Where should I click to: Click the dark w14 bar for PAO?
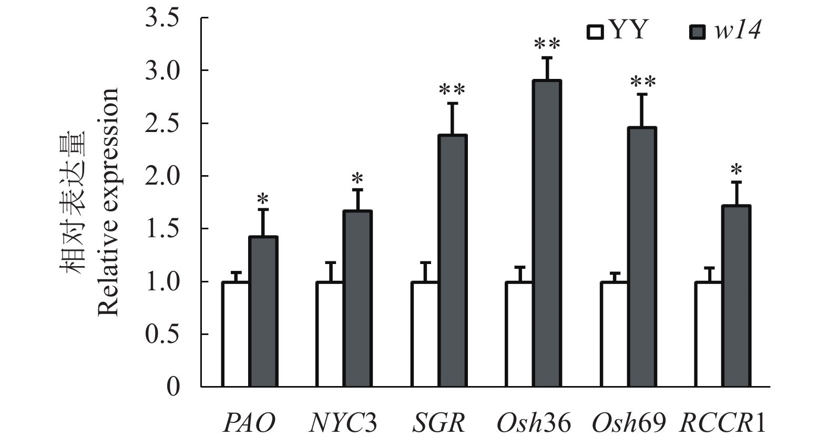pyautogui.click(x=263, y=311)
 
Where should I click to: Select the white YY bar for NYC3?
pyautogui.click(x=330, y=334)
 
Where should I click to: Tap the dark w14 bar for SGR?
pyautogui.click(x=452, y=261)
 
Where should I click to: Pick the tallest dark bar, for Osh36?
pyautogui.click(x=547, y=234)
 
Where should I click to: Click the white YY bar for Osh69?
pyautogui.click(x=614, y=334)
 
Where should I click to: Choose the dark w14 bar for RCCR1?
pyautogui.click(x=736, y=296)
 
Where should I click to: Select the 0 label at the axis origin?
pyautogui.click(x=173, y=387)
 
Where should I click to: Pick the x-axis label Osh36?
pyautogui.click(x=533, y=422)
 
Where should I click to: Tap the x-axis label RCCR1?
pyautogui.click(x=723, y=422)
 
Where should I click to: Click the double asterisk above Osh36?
pyautogui.click(x=547, y=45)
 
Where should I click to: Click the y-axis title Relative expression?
pyautogui.click(x=108, y=202)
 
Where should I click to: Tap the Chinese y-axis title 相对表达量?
pyautogui.click(x=73, y=202)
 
